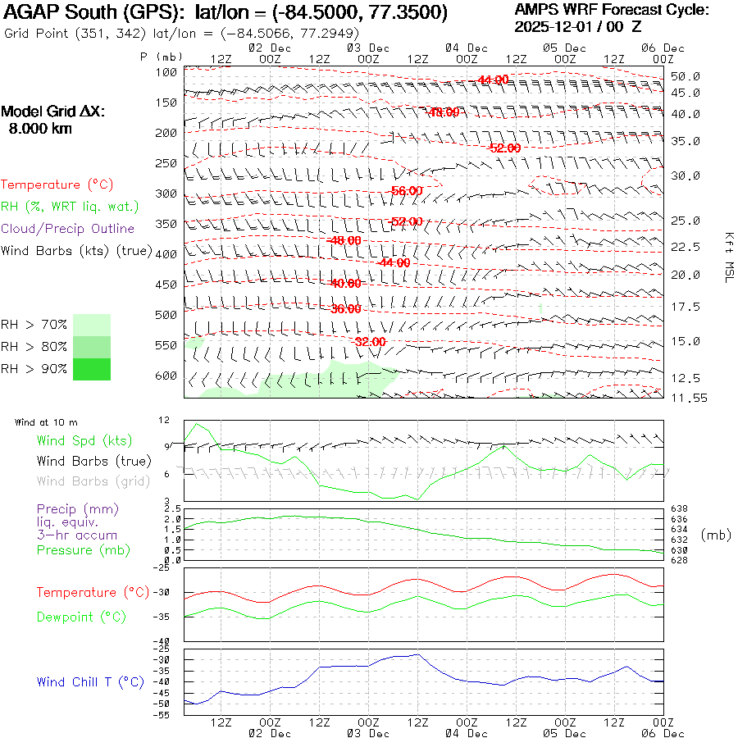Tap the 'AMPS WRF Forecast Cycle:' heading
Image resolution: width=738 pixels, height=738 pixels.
coord(611,10)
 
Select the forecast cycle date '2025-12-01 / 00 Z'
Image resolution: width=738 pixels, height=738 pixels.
coord(578,26)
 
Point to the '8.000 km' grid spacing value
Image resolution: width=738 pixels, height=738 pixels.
coord(39,128)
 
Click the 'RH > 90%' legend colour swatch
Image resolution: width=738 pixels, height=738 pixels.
coord(92,369)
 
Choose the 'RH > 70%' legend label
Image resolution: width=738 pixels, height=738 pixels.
coord(34,326)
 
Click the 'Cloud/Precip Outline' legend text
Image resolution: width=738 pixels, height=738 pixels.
coord(67,229)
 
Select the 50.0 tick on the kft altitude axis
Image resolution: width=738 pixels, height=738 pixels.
coord(685,76)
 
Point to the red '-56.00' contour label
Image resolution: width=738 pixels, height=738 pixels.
coord(407,190)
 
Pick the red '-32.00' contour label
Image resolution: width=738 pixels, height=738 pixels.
coord(371,341)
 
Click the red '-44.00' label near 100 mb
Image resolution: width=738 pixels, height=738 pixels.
coord(493,80)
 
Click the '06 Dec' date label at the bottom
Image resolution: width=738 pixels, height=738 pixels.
coord(663,734)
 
